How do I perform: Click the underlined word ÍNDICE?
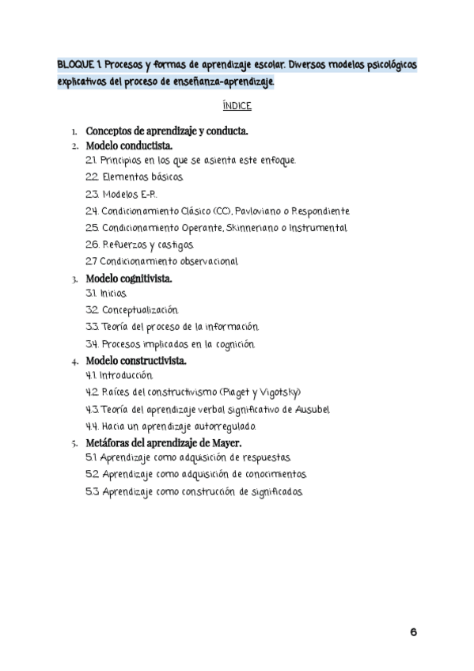pyautogui.click(x=237, y=105)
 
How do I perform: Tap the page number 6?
pyautogui.click(x=414, y=631)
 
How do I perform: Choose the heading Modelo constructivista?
pyautogui.click(x=136, y=361)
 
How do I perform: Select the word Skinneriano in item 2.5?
pyautogui.click(x=241, y=228)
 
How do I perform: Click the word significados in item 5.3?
pyautogui.click(x=275, y=491)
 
